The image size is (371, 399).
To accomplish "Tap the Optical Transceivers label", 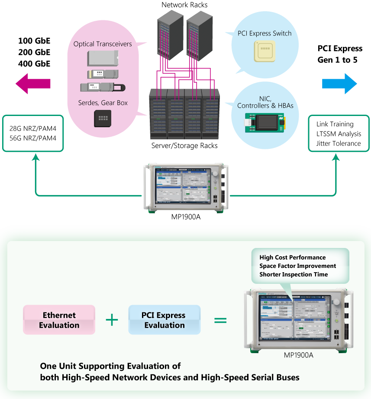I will (102, 44).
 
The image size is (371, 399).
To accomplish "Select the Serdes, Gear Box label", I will (102, 103).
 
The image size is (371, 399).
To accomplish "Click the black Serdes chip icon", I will (103, 118).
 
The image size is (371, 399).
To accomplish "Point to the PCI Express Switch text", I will (265, 33).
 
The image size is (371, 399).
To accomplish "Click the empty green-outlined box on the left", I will (33, 133).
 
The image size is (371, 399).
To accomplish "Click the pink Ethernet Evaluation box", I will (59, 320).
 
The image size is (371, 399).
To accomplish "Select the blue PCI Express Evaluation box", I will (164, 320).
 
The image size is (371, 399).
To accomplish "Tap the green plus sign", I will (112, 320).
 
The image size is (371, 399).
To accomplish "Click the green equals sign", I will (221, 320).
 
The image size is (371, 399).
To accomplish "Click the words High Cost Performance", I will (292, 257).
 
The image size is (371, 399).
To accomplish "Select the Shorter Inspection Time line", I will (294, 274).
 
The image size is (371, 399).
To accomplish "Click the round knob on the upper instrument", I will (215, 174).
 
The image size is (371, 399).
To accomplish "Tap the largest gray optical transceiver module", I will (102, 58).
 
